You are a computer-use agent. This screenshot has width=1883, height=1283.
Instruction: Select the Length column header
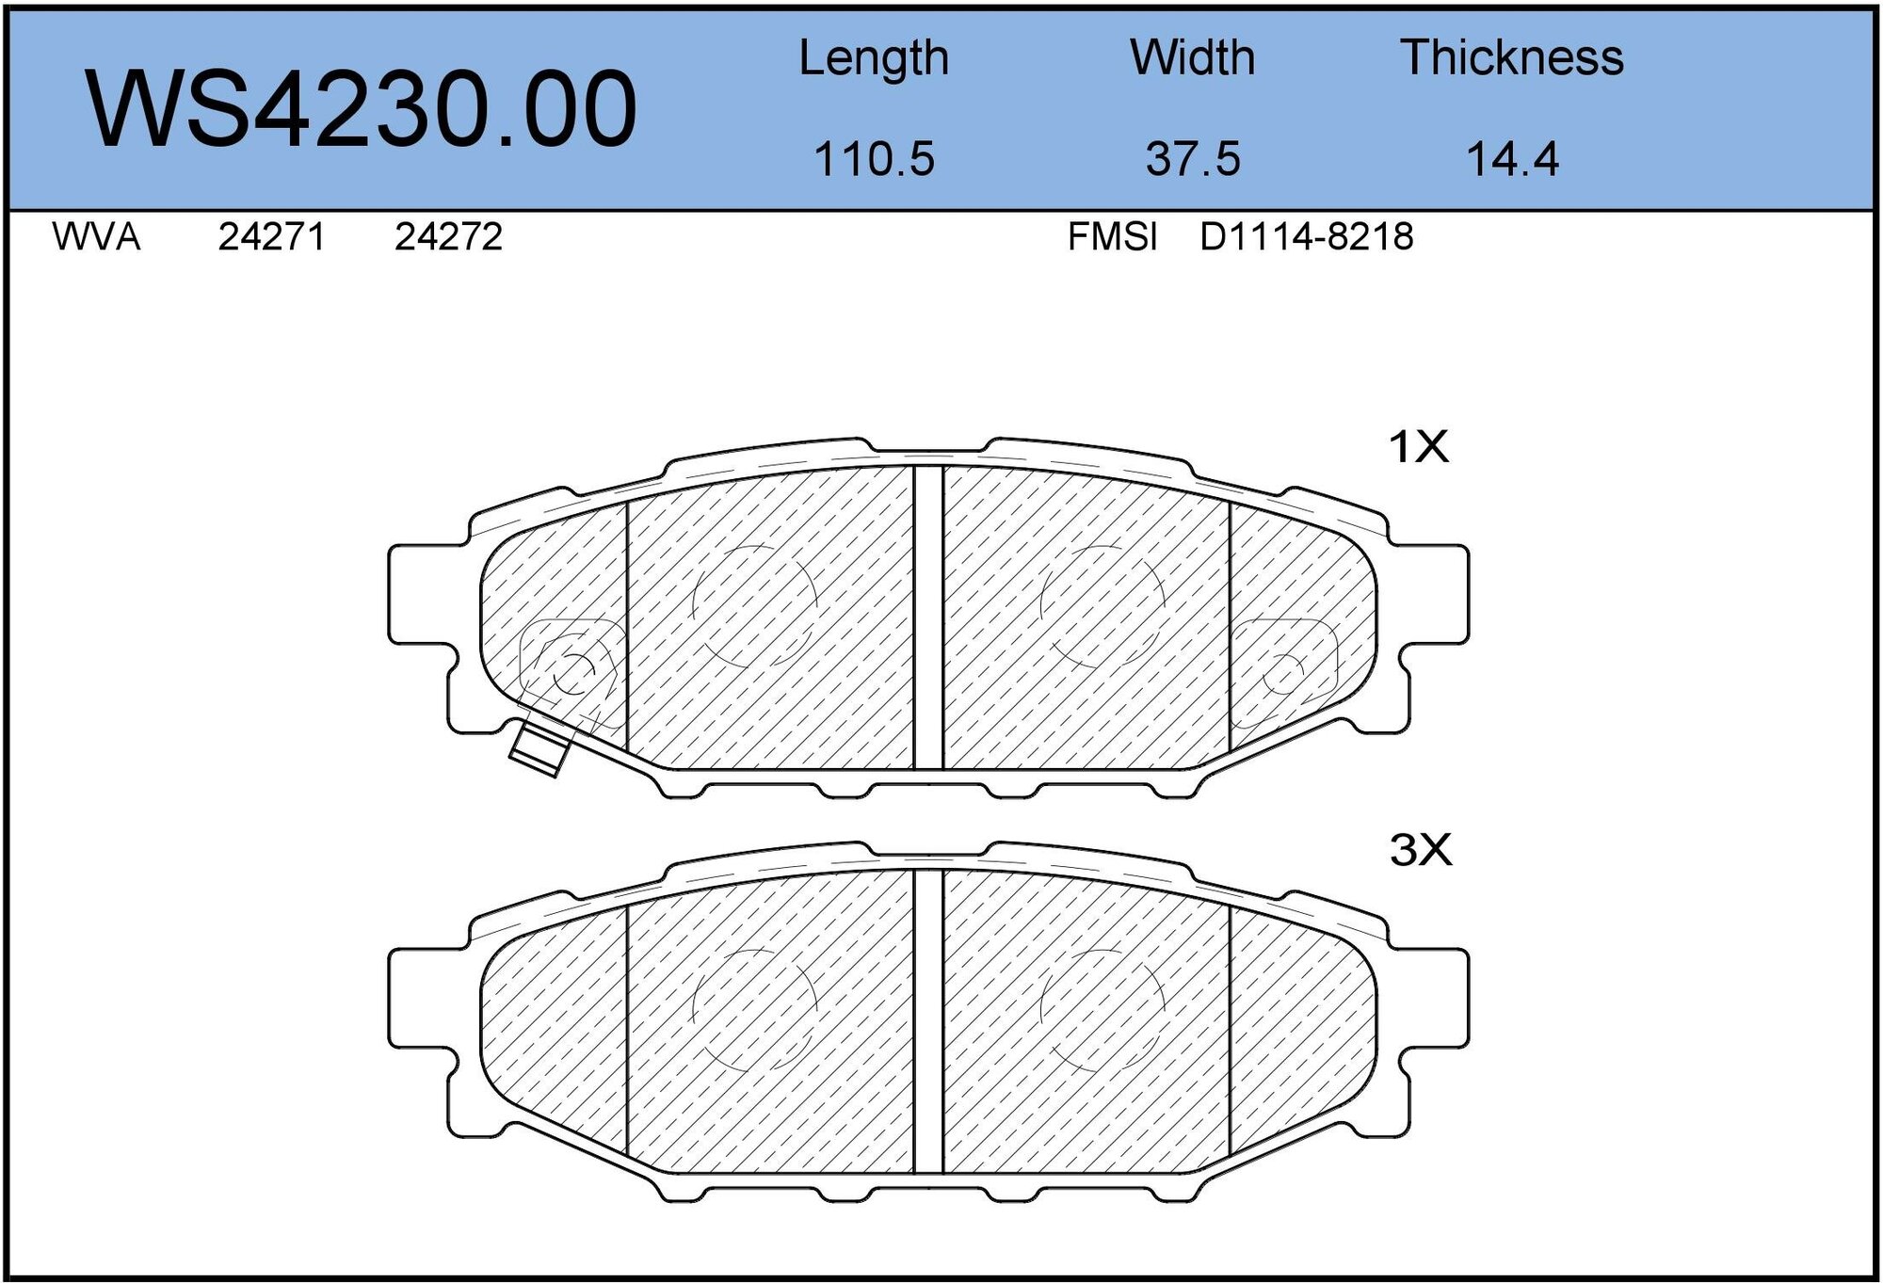point(873,58)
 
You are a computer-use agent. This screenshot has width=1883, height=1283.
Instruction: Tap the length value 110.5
point(873,158)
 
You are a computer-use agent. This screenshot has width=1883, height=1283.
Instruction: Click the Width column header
point(1192,58)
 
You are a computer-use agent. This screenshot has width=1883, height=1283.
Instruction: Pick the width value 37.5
point(1192,158)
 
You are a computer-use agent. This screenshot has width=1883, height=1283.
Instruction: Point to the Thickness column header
point(1511,58)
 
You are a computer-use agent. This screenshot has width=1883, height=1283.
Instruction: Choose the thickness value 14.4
point(1512,158)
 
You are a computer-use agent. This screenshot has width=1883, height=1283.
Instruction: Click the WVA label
point(96,237)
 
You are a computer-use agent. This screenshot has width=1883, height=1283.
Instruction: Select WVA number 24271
point(271,237)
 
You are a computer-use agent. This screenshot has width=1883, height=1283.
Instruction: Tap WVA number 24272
point(448,237)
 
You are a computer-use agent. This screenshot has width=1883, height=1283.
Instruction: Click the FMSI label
point(1112,237)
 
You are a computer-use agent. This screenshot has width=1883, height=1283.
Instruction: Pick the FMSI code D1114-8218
point(1306,237)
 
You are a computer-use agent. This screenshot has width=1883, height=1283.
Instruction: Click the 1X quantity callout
point(1418,447)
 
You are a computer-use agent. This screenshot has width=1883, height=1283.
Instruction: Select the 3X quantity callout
point(1420,850)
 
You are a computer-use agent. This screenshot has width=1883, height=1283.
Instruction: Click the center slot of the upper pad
point(928,617)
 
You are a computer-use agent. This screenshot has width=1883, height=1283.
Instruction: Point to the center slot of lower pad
point(928,1021)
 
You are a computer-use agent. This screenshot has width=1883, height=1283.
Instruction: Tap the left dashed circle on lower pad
point(753,1009)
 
